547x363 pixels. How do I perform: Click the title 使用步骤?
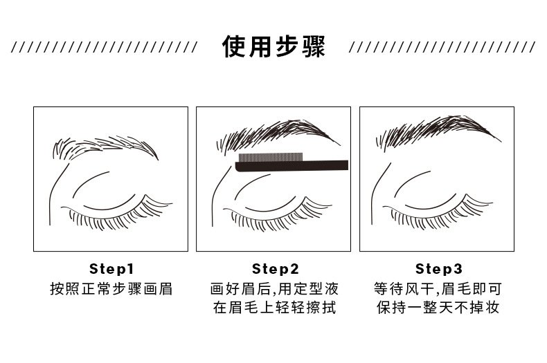(x=273, y=46)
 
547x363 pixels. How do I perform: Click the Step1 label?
(x=111, y=269)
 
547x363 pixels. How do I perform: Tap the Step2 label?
(x=276, y=269)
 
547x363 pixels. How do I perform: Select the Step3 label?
(x=438, y=269)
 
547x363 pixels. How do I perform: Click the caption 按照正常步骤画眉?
(x=111, y=289)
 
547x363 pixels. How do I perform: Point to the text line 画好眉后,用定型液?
(x=274, y=289)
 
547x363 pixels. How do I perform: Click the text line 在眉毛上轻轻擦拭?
(x=274, y=308)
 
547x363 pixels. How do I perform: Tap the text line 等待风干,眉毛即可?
(x=438, y=289)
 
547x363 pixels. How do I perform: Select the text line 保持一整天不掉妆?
(x=438, y=308)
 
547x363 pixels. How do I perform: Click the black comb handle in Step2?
(x=292, y=167)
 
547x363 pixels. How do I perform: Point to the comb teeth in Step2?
(x=270, y=158)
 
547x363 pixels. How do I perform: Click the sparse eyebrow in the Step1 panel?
(x=105, y=147)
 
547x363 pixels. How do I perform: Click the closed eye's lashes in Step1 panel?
(x=118, y=216)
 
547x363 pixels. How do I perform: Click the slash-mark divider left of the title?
(x=105, y=47)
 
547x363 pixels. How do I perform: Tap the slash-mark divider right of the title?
(x=442, y=47)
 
